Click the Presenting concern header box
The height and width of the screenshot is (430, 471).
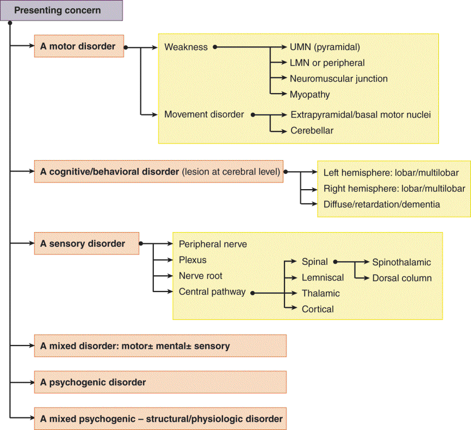(x=61, y=10)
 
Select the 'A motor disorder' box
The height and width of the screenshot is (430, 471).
(x=79, y=47)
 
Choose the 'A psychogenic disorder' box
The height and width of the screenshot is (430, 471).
(x=160, y=382)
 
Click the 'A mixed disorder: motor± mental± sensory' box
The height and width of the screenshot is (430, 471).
(x=160, y=346)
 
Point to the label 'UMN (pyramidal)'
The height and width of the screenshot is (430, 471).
(x=325, y=47)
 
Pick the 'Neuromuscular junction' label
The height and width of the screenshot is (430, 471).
(x=338, y=78)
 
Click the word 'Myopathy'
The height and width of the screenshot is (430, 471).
(x=309, y=94)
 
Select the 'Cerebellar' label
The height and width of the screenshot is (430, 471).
(x=312, y=130)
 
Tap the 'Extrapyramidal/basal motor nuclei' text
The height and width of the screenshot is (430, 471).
(x=361, y=114)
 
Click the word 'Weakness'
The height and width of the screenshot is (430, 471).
(x=186, y=47)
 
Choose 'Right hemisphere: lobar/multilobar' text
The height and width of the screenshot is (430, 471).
(x=394, y=189)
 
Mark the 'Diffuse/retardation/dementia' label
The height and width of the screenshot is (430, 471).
(x=381, y=204)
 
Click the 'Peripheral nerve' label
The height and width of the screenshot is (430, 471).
(x=213, y=244)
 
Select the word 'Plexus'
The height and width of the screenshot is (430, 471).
(x=193, y=260)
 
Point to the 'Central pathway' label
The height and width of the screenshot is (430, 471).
(x=212, y=292)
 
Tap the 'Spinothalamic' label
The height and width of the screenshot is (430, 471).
(x=401, y=262)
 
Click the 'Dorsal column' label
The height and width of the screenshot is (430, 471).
(x=401, y=278)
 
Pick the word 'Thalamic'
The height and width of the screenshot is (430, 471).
(x=320, y=293)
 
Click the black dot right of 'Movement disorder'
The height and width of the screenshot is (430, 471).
(x=253, y=115)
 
